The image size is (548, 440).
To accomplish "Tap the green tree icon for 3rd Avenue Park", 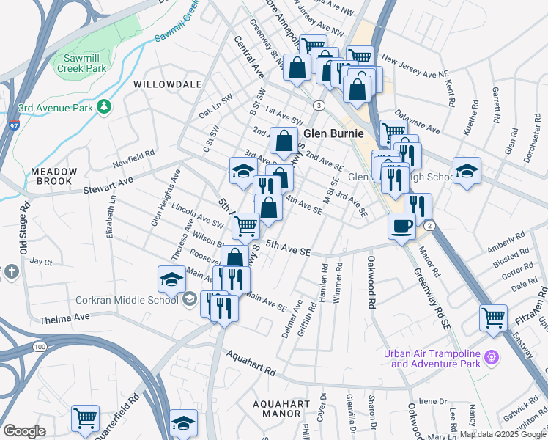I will pos(105,108).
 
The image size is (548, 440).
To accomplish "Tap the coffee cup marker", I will pos(401,226).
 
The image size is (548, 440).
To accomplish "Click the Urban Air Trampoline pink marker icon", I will pos(491,357).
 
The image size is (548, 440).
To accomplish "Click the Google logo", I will pos(25,431).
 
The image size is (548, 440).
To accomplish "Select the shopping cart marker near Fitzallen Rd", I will pos(493,318).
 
